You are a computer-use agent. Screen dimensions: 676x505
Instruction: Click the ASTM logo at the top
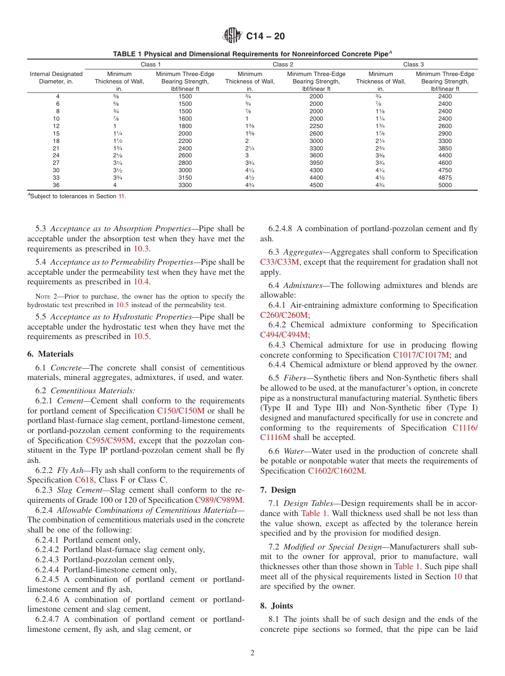[232, 36]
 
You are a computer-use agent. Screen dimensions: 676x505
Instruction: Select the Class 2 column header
[281, 64]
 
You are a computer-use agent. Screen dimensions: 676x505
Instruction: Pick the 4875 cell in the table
[445, 178]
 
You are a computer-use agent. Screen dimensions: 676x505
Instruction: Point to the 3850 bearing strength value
[445, 148]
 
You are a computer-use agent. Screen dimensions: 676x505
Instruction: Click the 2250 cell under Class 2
[316, 126]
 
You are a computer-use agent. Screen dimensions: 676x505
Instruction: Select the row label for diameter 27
[56, 163]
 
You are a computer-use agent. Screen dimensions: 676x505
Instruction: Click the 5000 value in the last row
[445, 185]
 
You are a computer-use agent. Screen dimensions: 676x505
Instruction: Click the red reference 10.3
[141, 249]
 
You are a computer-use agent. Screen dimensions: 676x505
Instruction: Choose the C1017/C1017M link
[421, 355]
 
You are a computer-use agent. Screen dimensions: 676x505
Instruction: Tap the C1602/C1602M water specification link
[336, 471]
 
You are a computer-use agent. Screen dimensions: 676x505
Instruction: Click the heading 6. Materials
[50, 354]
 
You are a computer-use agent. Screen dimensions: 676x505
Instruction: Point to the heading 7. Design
[278, 490]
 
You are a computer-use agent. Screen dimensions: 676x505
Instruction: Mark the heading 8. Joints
[276, 606]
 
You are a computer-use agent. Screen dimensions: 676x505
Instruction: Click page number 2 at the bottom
[252, 653]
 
